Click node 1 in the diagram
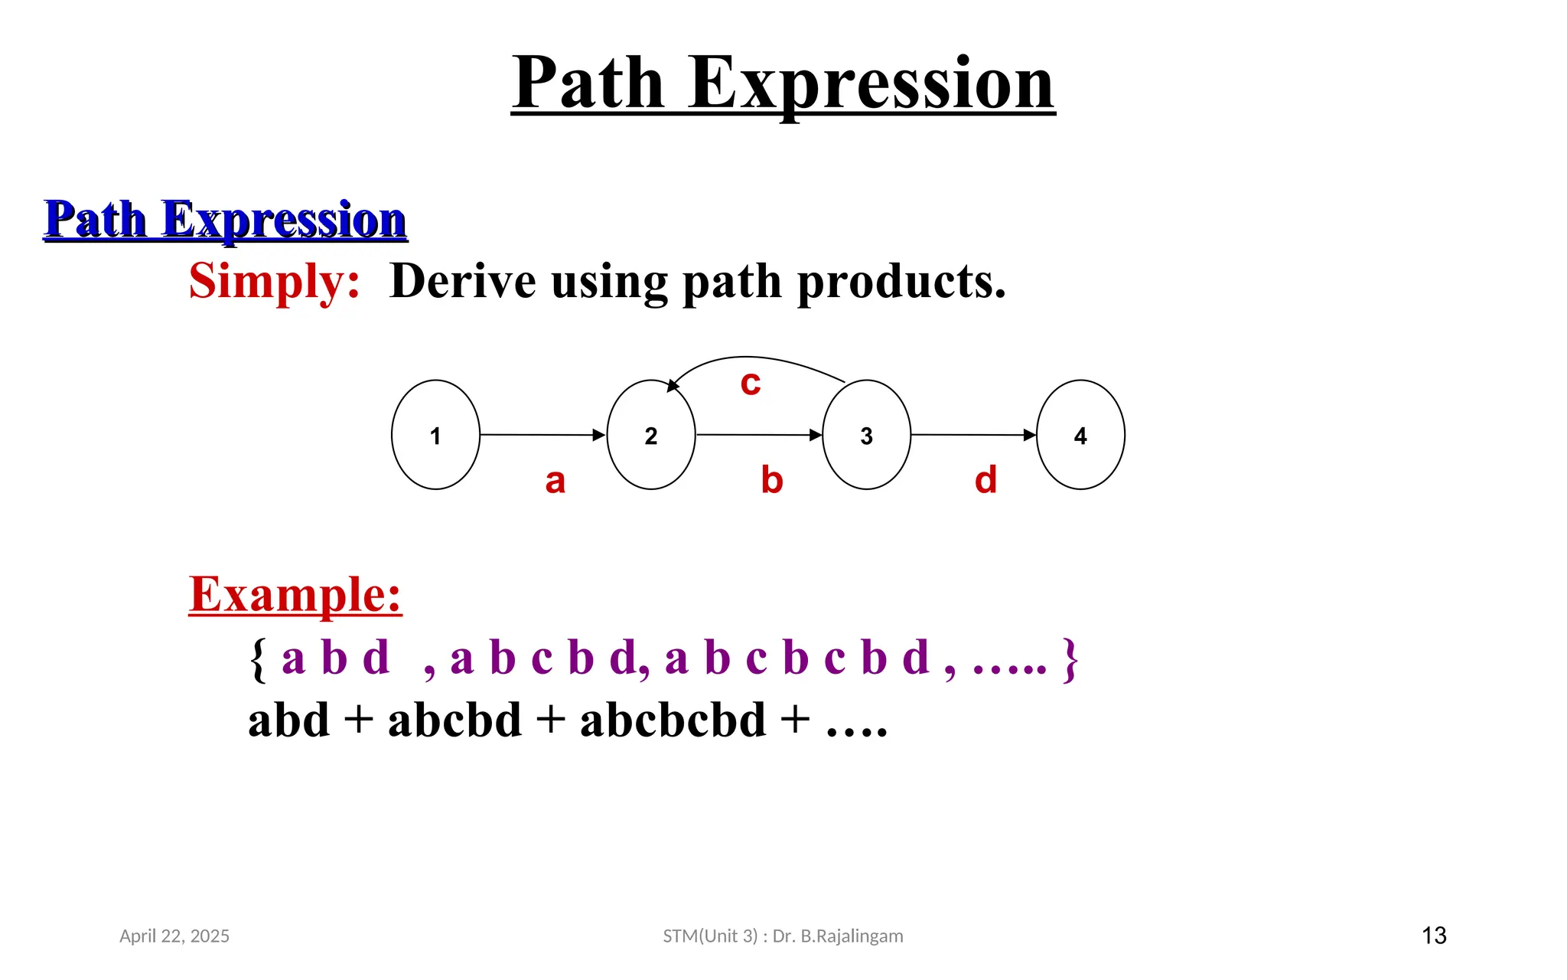[435, 435]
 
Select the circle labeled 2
[651, 435]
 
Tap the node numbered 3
[866, 435]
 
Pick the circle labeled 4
[1080, 435]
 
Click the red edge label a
[555, 481]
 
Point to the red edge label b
[772, 480]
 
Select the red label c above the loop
[751, 383]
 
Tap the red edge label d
[985, 480]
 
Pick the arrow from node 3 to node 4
[972, 435]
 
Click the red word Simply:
[275, 281]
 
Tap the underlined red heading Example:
[295, 594]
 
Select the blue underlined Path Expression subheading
[225, 220]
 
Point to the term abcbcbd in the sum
[673, 720]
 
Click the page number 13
[1434, 936]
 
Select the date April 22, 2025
[174, 936]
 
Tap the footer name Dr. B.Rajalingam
[838, 936]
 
